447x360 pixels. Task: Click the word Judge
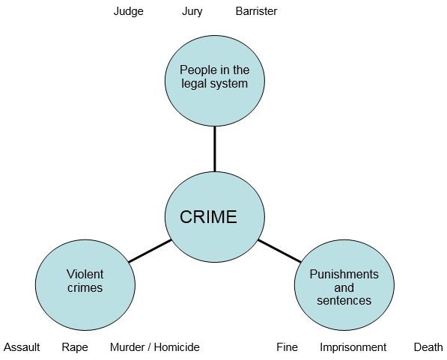pyautogui.click(x=129, y=12)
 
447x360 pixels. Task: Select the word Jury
pyautogui.click(x=192, y=12)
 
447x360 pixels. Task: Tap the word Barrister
pyautogui.click(x=256, y=11)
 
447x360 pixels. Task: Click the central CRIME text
pyautogui.click(x=208, y=217)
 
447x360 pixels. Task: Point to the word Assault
pyautogui.click(x=22, y=347)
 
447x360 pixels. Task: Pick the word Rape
pyautogui.click(x=75, y=348)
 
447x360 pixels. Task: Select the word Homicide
pyautogui.click(x=177, y=347)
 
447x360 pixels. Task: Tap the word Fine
pyautogui.click(x=287, y=347)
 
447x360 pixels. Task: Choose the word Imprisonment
pyautogui.click(x=353, y=348)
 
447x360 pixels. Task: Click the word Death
pyautogui.click(x=428, y=347)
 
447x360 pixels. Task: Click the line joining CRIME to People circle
pyautogui.click(x=215, y=149)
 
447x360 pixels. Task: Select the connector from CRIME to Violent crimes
pyautogui.click(x=150, y=251)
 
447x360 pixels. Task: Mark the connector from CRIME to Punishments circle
pyautogui.click(x=279, y=251)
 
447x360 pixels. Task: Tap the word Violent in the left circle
pyautogui.click(x=85, y=274)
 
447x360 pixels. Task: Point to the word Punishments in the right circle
pyautogui.click(x=344, y=274)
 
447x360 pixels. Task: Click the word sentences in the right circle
pyautogui.click(x=344, y=300)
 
